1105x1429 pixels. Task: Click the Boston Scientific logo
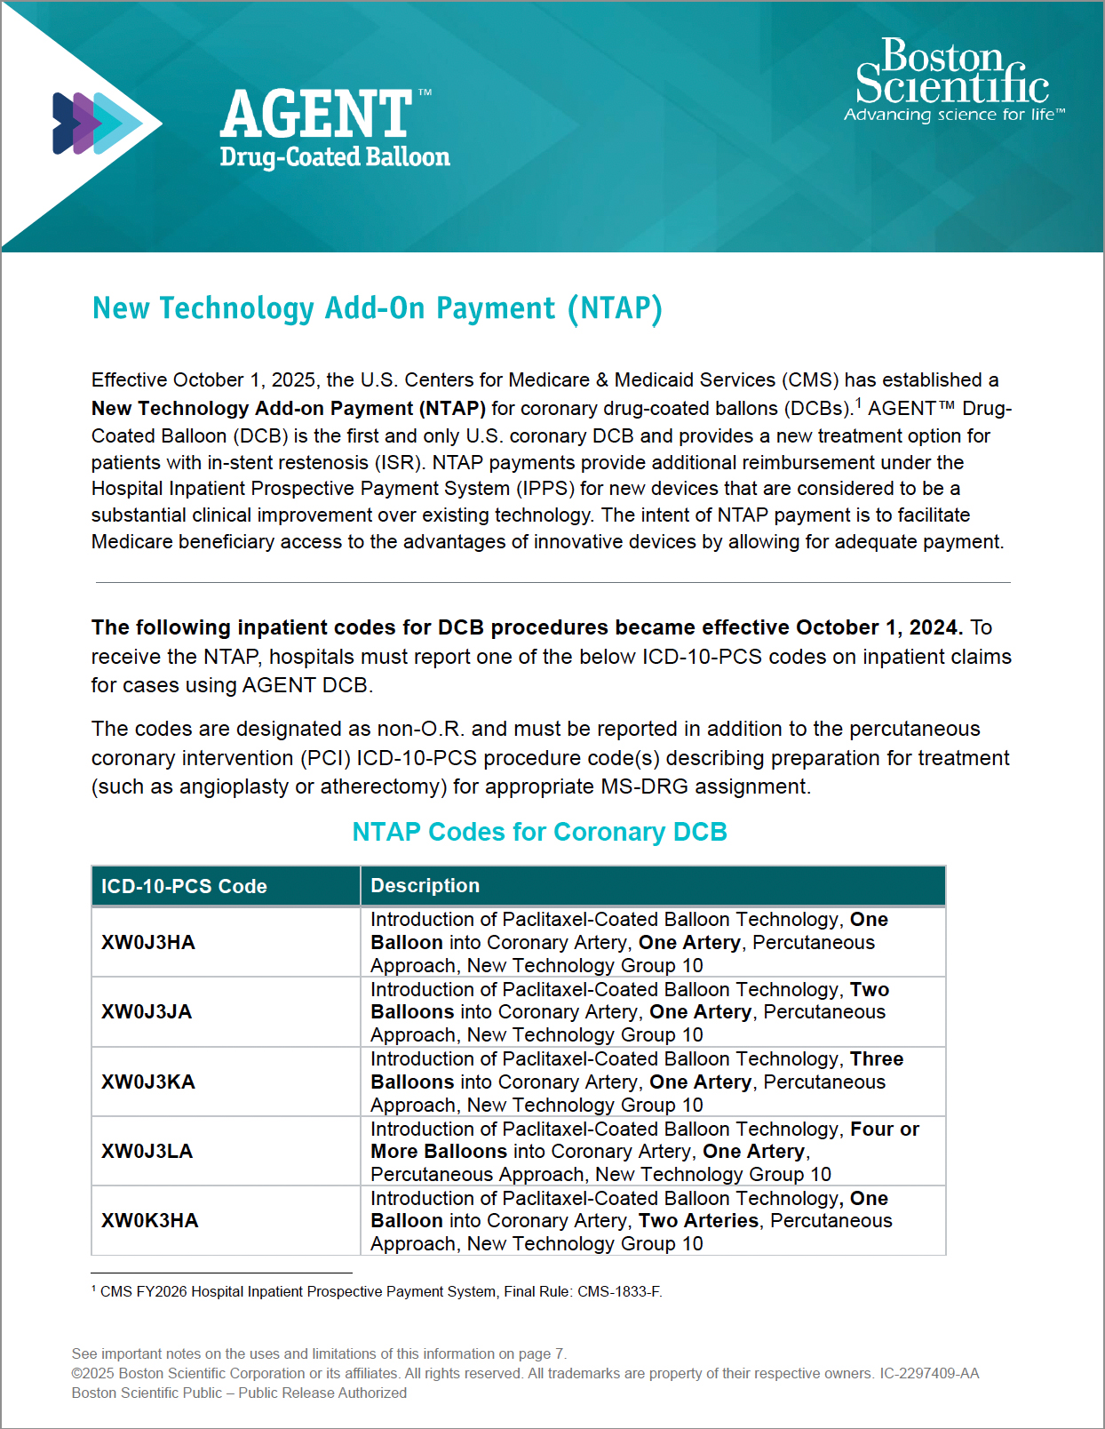[x=951, y=72]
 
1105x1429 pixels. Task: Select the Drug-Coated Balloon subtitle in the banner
[x=335, y=157]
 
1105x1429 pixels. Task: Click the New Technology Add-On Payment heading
[x=378, y=308]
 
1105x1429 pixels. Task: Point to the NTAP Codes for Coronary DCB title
[x=539, y=832]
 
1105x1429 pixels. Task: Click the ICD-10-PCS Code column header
[x=184, y=886]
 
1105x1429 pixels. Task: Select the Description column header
[x=425, y=885]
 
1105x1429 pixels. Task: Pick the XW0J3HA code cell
[x=148, y=942]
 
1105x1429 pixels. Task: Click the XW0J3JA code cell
[x=147, y=1011]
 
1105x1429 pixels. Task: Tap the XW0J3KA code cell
[x=148, y=1082]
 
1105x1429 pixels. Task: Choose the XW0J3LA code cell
[x=147, y=1151]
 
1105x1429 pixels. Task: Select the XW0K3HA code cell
[x=150, y=1220]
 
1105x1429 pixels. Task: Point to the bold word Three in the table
[x=877, y=1059]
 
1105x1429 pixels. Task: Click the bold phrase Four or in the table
[x=885, y=1129]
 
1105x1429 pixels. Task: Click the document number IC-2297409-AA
[x=929, y=1373]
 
